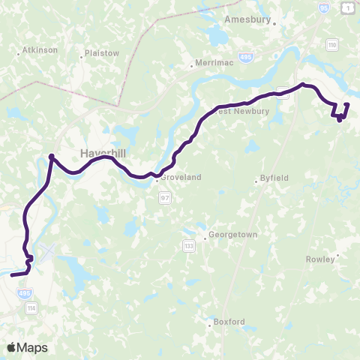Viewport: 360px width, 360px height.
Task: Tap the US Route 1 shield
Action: coord(346,7)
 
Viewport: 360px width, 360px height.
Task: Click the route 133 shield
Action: coord(188,245)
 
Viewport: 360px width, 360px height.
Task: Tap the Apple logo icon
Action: coord(12,347)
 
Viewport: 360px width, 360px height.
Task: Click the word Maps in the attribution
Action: coord(32,347)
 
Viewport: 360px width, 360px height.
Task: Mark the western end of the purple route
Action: coord(12,274)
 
